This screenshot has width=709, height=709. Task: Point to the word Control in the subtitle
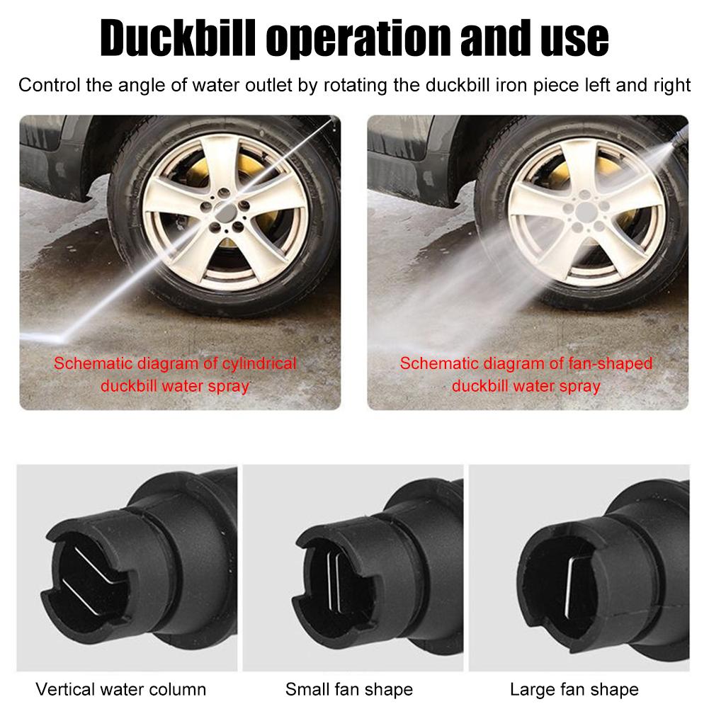[47, 86]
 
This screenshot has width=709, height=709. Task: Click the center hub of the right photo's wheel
[585, 210]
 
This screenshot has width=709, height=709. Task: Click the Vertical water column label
[121, 689]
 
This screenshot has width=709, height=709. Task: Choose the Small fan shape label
[349, 689]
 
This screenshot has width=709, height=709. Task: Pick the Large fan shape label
[574, 689]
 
